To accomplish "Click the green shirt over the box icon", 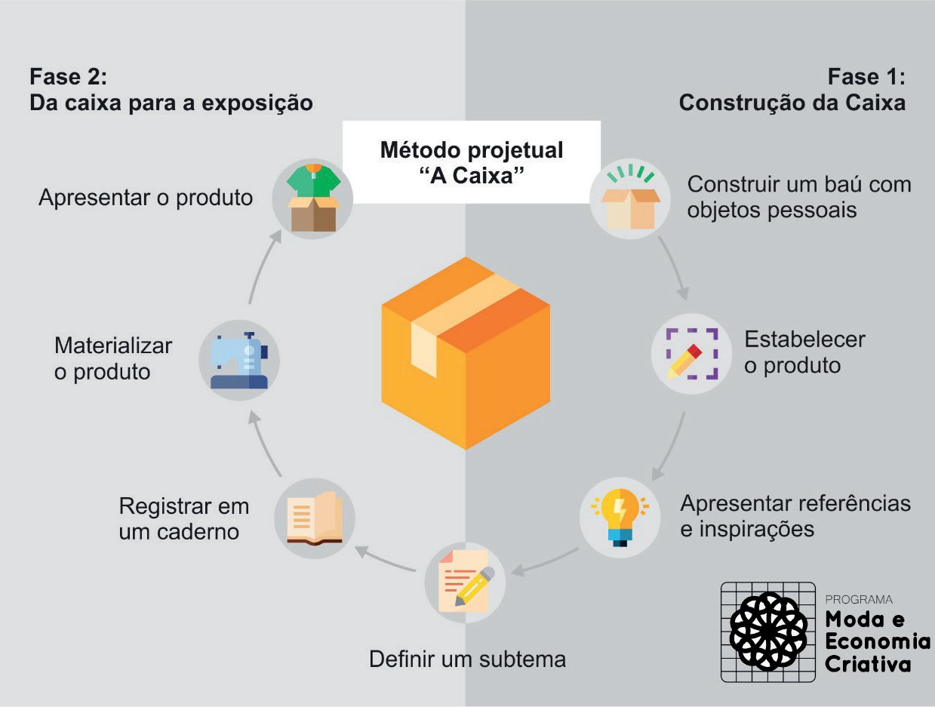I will [313, 198].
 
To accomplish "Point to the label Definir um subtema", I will [467, 659].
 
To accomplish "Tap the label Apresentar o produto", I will [146, 198].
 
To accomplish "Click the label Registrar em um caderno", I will [183, 518].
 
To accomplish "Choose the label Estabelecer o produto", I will [804, 352].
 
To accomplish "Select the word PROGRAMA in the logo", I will [859, 600].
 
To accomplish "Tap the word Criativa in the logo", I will [867, 664].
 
